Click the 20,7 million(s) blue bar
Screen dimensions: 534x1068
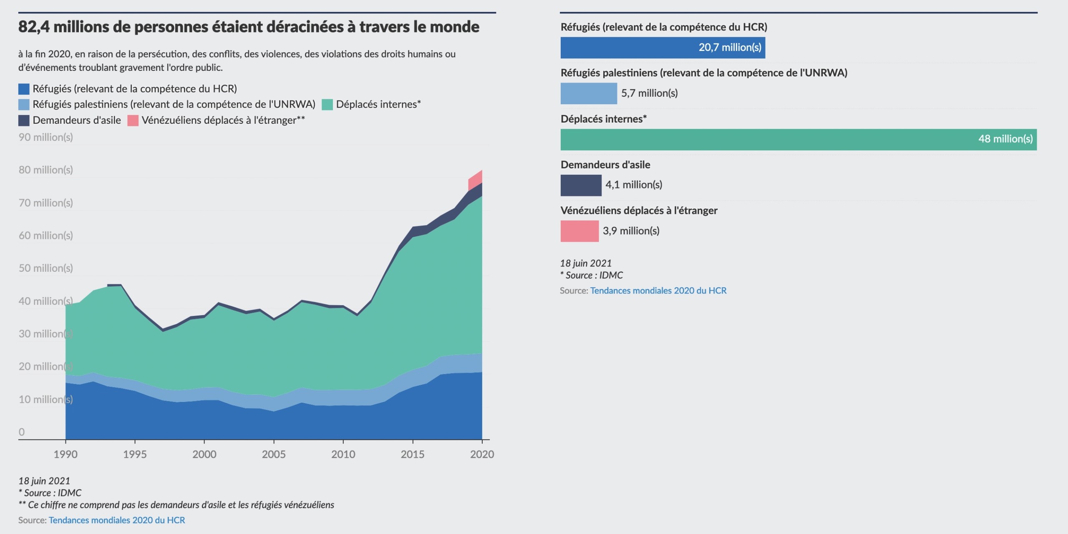pos(662,48)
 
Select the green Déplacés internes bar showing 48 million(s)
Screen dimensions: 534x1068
pos(798,139)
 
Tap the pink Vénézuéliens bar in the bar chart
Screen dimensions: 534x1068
pos(579,231)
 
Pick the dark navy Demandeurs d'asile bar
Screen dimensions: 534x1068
pos(581,185)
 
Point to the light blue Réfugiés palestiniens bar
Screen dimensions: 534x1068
pos(588,93)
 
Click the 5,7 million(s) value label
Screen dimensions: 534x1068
pos(649,93)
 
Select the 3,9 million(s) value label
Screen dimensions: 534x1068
pos(631,231)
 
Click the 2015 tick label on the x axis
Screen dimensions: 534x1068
pos(412,454)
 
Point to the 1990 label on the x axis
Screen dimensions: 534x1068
pos(65,454)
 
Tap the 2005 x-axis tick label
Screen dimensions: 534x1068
pos(274,454)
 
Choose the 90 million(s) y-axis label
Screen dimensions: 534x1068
pos(46,137)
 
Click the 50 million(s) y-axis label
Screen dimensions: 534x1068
pos(46,268)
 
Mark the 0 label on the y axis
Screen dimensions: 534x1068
pos(22,432)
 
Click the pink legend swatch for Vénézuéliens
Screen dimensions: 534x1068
pos(133,120)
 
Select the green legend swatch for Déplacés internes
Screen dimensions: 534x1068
pos(327,105)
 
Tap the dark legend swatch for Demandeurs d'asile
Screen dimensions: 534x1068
pos(24,120)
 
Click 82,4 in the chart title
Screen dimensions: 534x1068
pos(34,27)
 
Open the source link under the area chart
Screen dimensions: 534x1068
pos(117,520)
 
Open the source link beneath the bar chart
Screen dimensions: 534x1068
pos(658,291)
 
